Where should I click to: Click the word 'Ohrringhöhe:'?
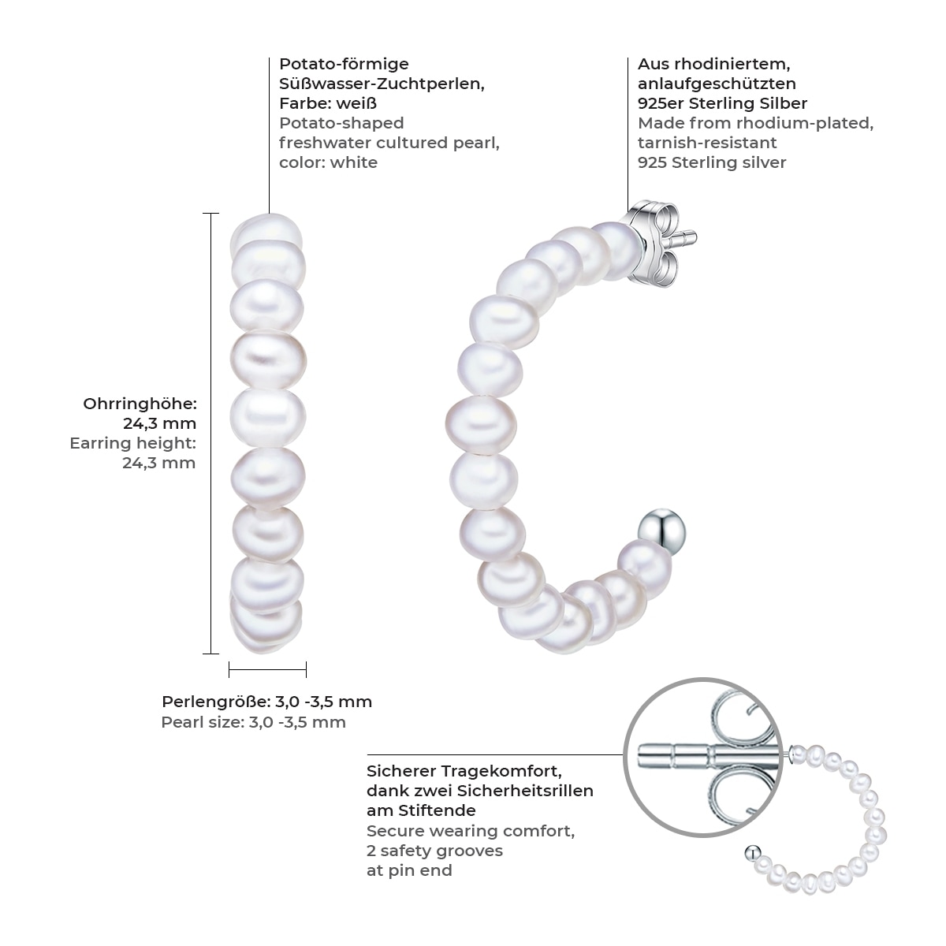pyautogui.click(x=140, y=404)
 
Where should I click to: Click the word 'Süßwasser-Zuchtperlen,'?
pyautogui.click(x=382, y=84)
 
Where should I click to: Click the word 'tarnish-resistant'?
pyautogui.click(x=707, y=143)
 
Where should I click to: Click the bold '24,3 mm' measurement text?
pyautogui.click(x=160, y=423)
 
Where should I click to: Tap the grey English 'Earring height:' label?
pyautogui.click(x=132, y=443)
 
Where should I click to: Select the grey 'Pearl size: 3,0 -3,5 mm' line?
pyautogui.click(x=253, y=722)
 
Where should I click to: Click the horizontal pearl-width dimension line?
pyautogui.click(x=267, y=670)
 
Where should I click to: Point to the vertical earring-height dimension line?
pyautogui.click(x=210, y=434)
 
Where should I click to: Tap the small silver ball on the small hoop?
pyautogui.click(x=752, y=852)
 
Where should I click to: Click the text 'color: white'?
pyautogui.click(x=328, y=162)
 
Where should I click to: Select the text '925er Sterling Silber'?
pyautogui.click(x=722, y=103)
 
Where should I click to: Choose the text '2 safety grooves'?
pyautogui.click(x=434, y=851)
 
